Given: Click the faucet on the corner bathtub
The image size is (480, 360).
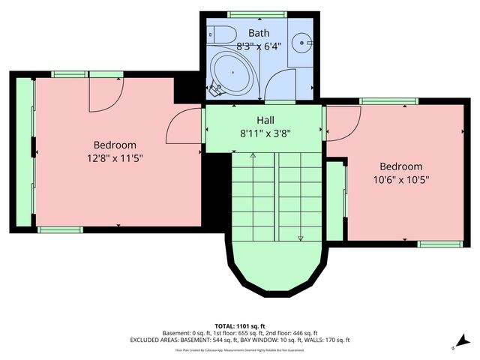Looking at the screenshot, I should (x=216, y=90).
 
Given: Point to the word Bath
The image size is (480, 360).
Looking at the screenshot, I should (x=259, y=32).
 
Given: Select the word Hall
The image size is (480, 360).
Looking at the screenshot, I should (x=265, y=119).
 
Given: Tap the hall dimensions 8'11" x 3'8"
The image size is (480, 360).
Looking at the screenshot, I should (x=265, y=133).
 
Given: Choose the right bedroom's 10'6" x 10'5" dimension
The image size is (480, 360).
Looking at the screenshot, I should (x=400, y=180).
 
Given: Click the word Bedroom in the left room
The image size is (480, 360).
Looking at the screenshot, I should (x=115, y=145).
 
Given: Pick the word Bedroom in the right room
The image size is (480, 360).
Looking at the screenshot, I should (x=400, y=166).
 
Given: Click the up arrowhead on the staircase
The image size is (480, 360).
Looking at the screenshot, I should (x=253, y=155).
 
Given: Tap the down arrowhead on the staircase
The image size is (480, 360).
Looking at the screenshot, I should (x=301, y=238).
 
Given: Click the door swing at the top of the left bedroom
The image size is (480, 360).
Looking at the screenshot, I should (x=103, y=94).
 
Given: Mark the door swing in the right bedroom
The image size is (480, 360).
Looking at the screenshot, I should (x=343, y=123).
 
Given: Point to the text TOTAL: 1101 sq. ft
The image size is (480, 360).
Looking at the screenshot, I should (x=240, y=325).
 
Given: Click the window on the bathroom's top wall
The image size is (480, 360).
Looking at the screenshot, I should (x=250, y=13).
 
